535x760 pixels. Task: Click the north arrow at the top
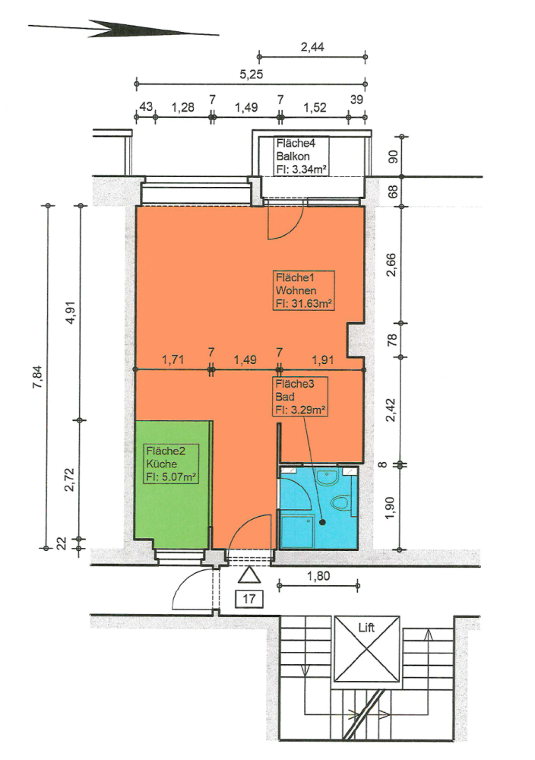tap(122, 30)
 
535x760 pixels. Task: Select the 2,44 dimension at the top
tap(312, 47)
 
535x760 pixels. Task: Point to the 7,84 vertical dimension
tap(35, 375)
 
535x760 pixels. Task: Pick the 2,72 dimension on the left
tap(70, 479)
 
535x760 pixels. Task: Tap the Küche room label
tap(161, 464)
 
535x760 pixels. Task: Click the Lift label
tap(367, 627)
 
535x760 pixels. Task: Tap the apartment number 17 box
tap(249, 598)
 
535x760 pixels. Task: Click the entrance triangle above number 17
tap(249, 575)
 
